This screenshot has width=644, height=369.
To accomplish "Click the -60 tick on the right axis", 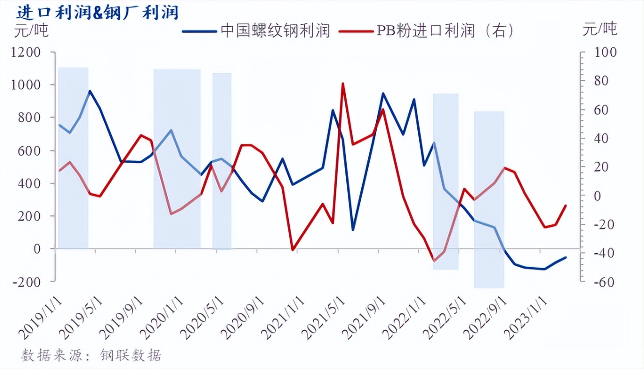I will tap(603, 282).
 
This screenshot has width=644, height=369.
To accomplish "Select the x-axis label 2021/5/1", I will tap(322, 315).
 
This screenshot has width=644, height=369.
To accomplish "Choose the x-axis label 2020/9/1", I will tap(241, 315).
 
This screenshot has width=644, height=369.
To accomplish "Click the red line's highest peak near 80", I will tap(343, 84).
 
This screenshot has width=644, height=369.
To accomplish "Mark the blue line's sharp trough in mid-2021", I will tap(353, 230).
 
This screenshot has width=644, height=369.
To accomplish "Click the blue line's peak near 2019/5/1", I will tap(90, 91).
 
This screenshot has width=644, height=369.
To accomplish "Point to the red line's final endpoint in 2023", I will tap(566, 206).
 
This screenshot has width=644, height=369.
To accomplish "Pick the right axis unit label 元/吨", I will tap(600, 29).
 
